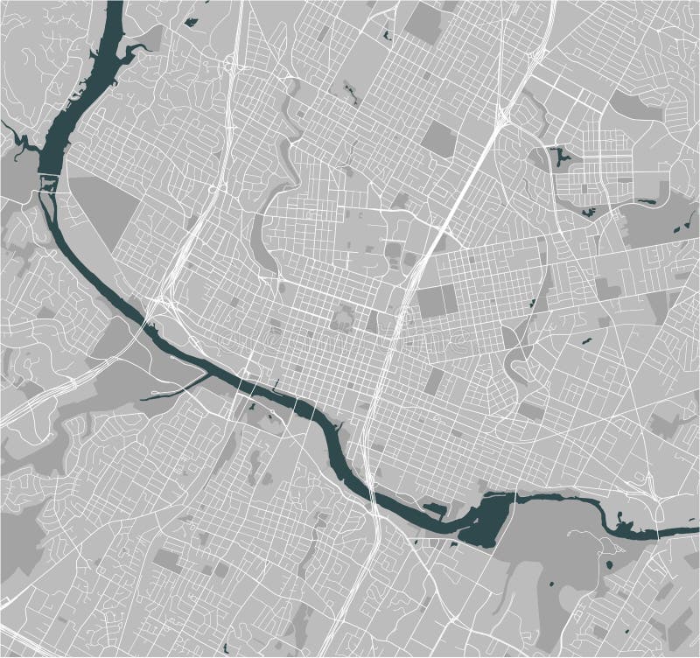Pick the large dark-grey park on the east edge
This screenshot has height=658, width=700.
656,219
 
